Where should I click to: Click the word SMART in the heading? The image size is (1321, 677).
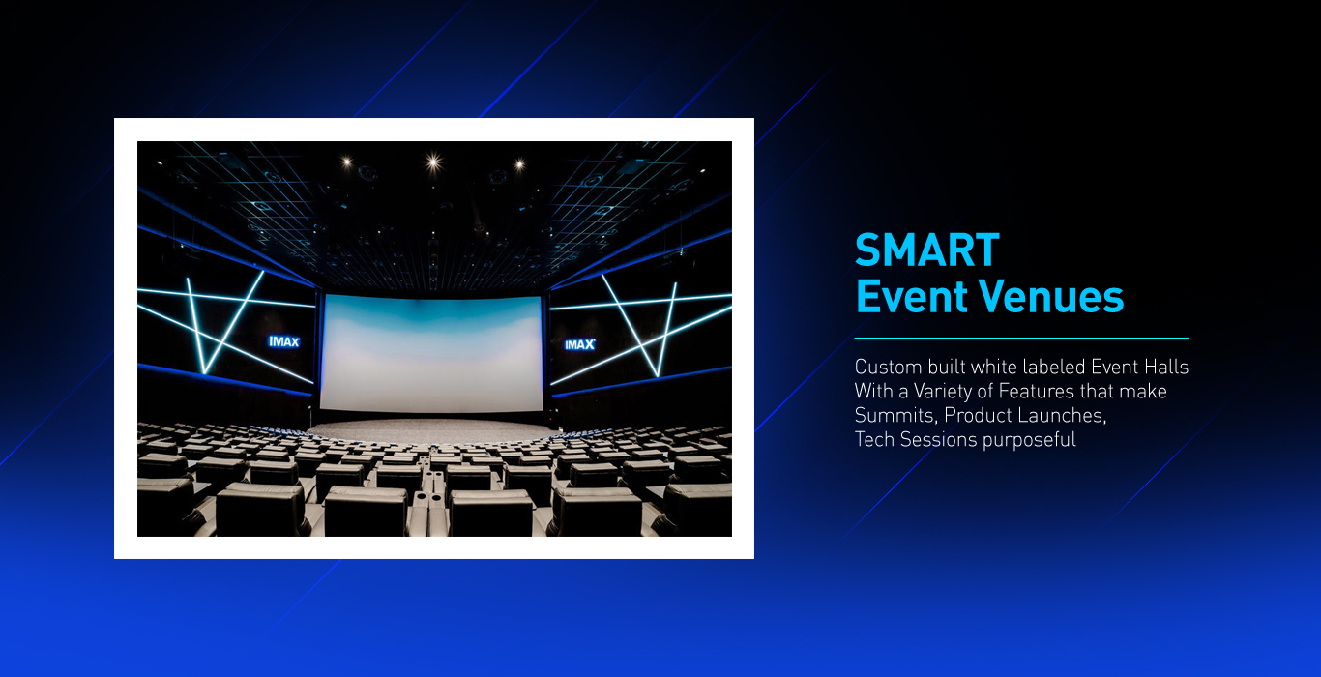tap(927, 250)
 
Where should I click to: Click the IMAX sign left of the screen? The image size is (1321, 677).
tap(284, 341)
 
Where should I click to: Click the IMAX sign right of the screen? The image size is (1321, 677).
tap(579, 344)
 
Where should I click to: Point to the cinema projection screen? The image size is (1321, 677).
tap(431, 353)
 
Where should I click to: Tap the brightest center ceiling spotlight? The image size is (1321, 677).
tap(433, 161)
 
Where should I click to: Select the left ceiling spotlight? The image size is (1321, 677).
tap(347, 161)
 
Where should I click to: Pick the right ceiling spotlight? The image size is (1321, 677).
tap(519, 164)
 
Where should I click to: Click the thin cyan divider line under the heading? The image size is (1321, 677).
tap(1022, 338)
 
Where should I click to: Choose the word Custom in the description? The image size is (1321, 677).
tap(888, 367)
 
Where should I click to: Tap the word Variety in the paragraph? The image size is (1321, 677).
tap(943, 392)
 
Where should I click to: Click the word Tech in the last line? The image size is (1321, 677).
tap(874, 440)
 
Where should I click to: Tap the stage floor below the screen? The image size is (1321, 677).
tap(431, 430)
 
